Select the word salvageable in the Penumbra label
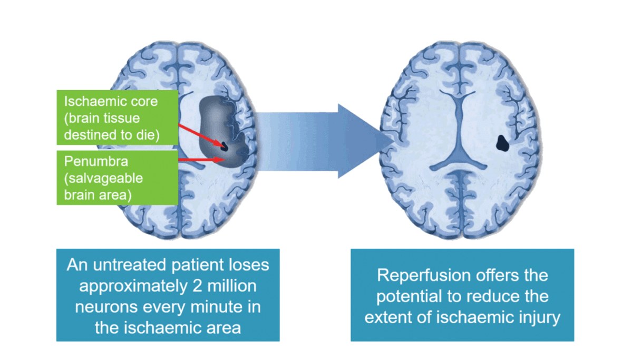[106, 178]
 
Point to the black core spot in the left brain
[224, 146]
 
